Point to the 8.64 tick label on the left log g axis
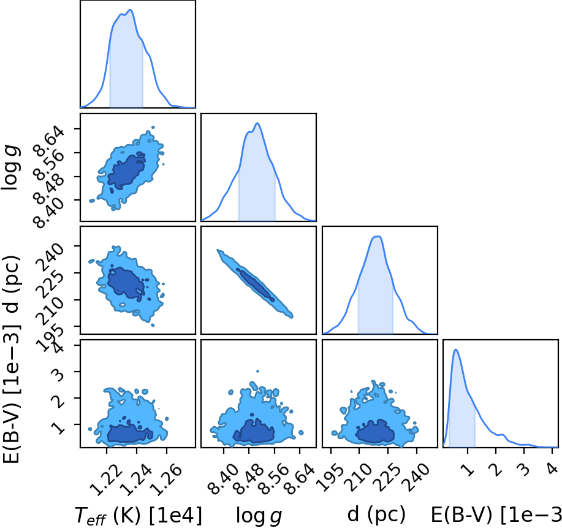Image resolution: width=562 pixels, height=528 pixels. point(49,140)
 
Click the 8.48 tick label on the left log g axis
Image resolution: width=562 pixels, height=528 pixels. point(49,187)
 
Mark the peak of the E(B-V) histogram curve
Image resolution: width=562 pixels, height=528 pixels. point(455,350)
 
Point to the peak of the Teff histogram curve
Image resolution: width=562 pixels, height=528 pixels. point(131,10)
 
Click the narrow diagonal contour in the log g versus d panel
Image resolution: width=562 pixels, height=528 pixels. point(255,283)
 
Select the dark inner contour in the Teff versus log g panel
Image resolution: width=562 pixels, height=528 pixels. point(126,170)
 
